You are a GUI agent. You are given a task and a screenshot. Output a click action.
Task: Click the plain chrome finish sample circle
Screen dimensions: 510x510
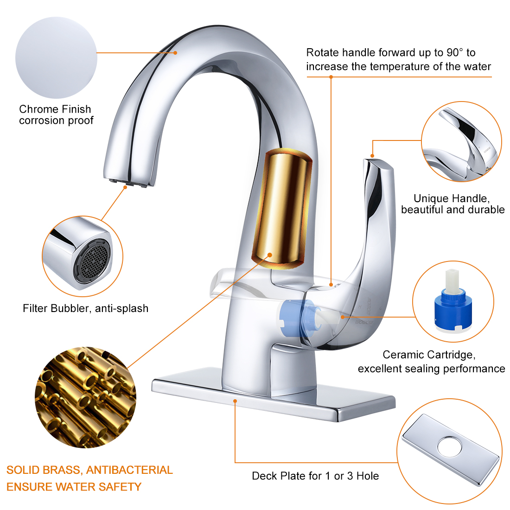pyautogui.click(x=56, y=57)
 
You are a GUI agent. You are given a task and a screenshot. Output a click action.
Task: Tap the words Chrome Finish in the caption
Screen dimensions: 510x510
pyautogui.click(x=55, y=109)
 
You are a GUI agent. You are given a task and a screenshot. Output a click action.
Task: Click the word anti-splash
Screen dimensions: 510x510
pyautogui.click(x=121, y=308)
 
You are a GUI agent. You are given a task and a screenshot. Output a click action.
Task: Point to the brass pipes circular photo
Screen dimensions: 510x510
pyautogui.click(x=86, y=397)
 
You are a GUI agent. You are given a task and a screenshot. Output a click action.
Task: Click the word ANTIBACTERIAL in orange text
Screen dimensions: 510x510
pyautogui.click(x=129, y=470)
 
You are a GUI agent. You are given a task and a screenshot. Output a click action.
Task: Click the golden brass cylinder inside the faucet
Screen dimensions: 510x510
pyautogui.click(x=282, y=209)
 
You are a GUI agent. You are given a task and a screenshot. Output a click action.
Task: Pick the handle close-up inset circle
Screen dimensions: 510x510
pyautogui.click(x=461, y=141)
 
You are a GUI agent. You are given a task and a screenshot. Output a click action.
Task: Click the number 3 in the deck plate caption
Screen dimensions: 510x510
pyautogui.click(x=350, y=476)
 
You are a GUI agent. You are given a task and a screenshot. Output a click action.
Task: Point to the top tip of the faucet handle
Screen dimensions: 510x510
pyautogui.click(x=374, y=160)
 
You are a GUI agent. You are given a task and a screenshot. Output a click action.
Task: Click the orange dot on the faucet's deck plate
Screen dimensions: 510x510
pyautogui.click(x=235, y=401)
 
